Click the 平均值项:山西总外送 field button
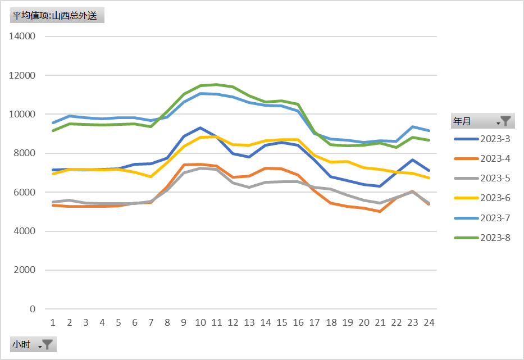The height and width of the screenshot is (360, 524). (57, 15)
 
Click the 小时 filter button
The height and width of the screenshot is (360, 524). (33, 344)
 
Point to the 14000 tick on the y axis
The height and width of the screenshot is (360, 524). (23, 37)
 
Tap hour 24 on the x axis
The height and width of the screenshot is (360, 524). (429, 322)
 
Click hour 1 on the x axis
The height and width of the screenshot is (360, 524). (53, 322)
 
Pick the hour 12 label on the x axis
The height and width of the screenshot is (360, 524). (233, 322)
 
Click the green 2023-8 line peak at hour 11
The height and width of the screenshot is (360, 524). (216, 85)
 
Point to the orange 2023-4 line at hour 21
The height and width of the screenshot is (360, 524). (380, 211)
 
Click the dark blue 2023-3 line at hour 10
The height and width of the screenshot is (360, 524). (200, 128)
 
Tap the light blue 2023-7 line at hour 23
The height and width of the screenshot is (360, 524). (413, 127)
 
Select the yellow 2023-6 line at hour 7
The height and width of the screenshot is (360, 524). (151, 176)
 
